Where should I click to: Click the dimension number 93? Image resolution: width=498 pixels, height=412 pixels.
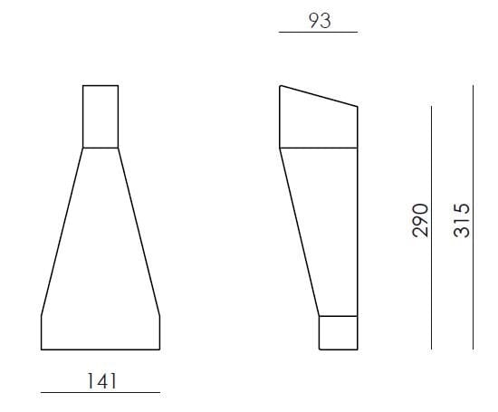319,20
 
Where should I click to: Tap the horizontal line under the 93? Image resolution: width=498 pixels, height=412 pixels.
319,33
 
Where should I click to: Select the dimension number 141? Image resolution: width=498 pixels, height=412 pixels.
101,380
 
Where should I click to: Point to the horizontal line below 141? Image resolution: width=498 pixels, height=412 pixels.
101,392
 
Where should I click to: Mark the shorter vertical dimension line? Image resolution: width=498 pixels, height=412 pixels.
432,226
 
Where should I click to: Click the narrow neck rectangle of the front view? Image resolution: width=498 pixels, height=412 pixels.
101,116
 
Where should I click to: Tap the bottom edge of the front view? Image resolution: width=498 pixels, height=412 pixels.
101,349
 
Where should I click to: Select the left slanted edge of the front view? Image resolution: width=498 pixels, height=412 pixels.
62,231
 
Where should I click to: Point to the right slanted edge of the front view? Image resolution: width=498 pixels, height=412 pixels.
139,231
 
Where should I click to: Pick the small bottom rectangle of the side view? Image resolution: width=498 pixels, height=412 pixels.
338,331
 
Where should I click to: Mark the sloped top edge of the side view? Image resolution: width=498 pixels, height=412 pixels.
319,96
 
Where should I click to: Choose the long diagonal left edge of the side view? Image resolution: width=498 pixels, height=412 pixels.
300,231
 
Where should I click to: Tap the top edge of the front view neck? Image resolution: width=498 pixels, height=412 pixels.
101,85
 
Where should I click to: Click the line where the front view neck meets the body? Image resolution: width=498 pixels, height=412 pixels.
101,147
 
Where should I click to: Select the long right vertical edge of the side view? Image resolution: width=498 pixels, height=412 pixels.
358,226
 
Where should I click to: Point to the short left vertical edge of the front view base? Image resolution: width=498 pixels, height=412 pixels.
42,331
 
